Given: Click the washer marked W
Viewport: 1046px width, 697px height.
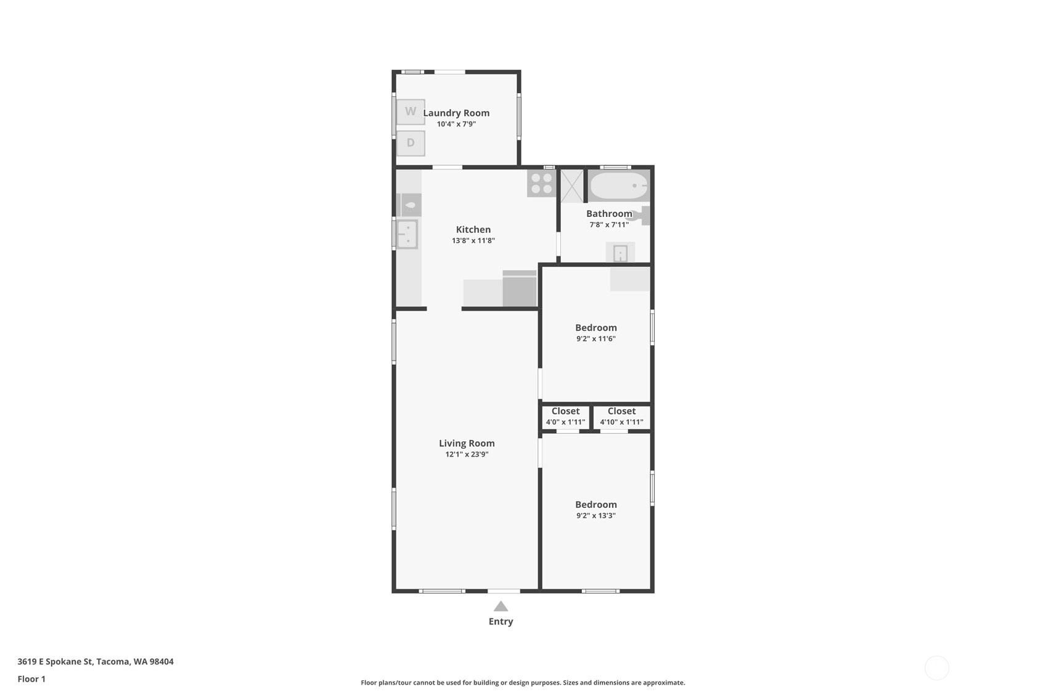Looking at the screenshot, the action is [411, 112].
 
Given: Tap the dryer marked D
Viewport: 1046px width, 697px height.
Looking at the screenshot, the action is [411, 143].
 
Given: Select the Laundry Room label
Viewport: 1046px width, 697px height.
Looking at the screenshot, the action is [456, 113].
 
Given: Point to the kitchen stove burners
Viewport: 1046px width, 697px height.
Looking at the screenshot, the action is [541, 183].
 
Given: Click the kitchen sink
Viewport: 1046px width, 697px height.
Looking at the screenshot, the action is [407, 234].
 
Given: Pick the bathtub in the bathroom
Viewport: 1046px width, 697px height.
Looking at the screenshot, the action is [619, 185].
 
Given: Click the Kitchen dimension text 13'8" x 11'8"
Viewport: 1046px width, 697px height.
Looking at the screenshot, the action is [473, 240].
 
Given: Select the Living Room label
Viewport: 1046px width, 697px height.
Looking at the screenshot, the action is [467, 443].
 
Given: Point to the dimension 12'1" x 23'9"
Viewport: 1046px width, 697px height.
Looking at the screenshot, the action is [467, 454].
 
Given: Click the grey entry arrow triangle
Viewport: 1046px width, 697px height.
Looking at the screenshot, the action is [501, 606].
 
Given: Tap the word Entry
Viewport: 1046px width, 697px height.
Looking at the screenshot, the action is [501, 621].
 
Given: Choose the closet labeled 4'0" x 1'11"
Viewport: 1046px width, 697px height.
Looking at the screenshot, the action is [565, 417].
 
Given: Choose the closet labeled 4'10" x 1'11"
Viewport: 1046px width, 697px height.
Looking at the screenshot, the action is [621, 417].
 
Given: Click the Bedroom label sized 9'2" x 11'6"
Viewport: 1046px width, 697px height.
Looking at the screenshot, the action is [596, 328].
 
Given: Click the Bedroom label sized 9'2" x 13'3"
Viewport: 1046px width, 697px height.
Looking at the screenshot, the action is [596, 505].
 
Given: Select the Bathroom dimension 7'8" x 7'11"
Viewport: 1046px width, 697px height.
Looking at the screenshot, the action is [609, 224].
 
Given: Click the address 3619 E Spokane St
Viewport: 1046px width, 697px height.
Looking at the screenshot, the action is [55, 661].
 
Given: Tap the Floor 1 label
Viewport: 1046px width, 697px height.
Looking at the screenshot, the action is [31, 679].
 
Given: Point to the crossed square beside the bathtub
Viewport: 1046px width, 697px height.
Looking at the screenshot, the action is [571, 185].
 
